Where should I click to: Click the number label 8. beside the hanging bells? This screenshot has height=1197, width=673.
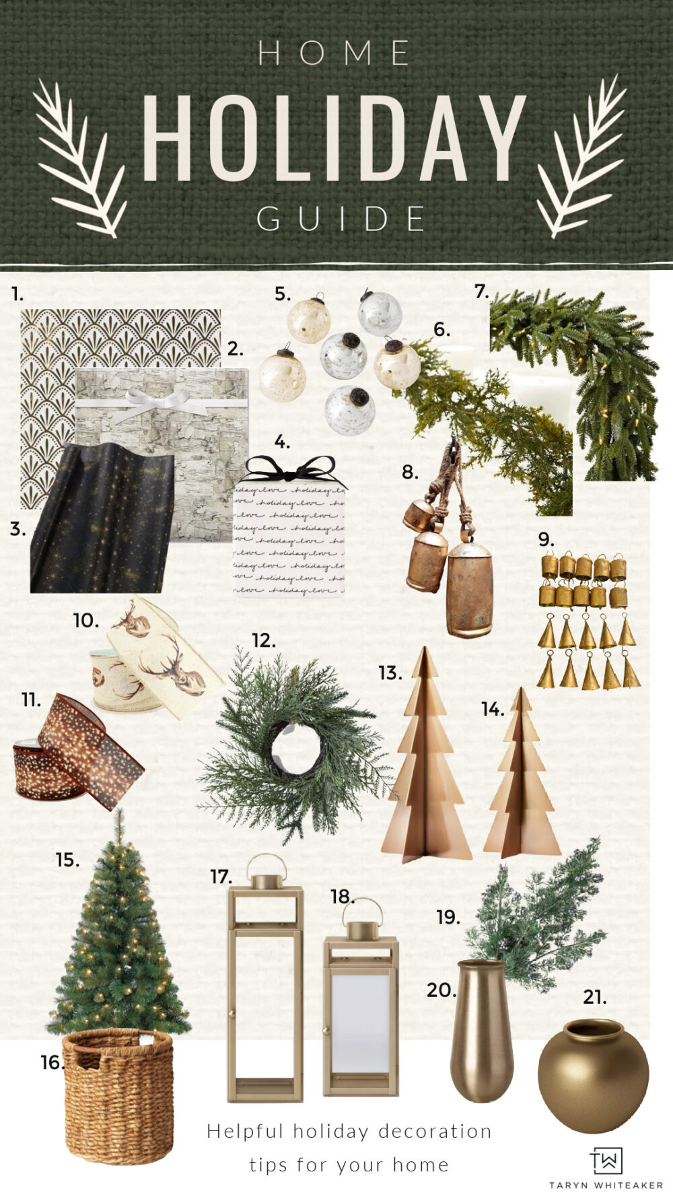pos(410,473)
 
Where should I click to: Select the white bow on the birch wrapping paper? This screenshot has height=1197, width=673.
pos(160,405)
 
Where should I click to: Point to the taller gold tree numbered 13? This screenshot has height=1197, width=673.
pos(425,761)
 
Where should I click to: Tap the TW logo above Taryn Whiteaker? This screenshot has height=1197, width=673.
pos(606,1161)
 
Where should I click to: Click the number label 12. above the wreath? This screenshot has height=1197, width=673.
pos(263,641)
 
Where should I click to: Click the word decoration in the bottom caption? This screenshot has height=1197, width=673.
pos(435,1131)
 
